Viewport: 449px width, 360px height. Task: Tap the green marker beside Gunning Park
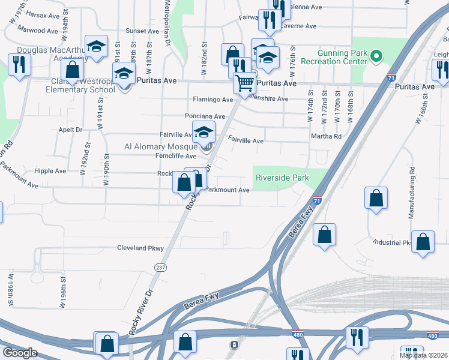(376, 58)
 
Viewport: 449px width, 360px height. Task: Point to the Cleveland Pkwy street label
(140, 247)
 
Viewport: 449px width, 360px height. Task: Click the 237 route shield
(160, 267)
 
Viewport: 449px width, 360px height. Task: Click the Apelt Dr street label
(70, 129)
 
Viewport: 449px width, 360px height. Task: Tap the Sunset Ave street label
(142, 31)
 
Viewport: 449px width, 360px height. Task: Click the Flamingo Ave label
(212, 99)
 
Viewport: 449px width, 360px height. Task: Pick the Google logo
(20, 353)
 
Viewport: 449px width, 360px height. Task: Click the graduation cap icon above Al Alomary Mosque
(204, 132)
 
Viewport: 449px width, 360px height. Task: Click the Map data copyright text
(424, 355)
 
